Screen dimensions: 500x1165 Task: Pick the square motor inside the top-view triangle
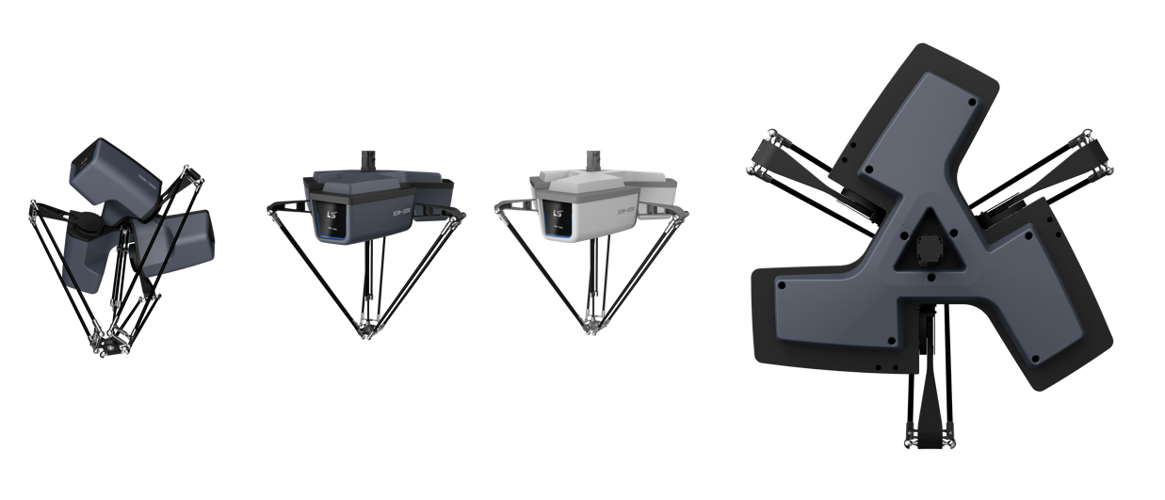(927, 250)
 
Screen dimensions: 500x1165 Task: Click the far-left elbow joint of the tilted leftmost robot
(34, 204)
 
